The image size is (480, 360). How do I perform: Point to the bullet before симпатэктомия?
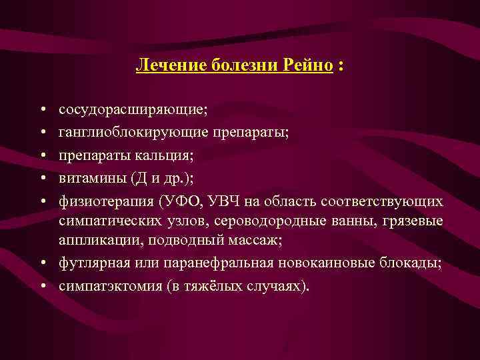(42, 287)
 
